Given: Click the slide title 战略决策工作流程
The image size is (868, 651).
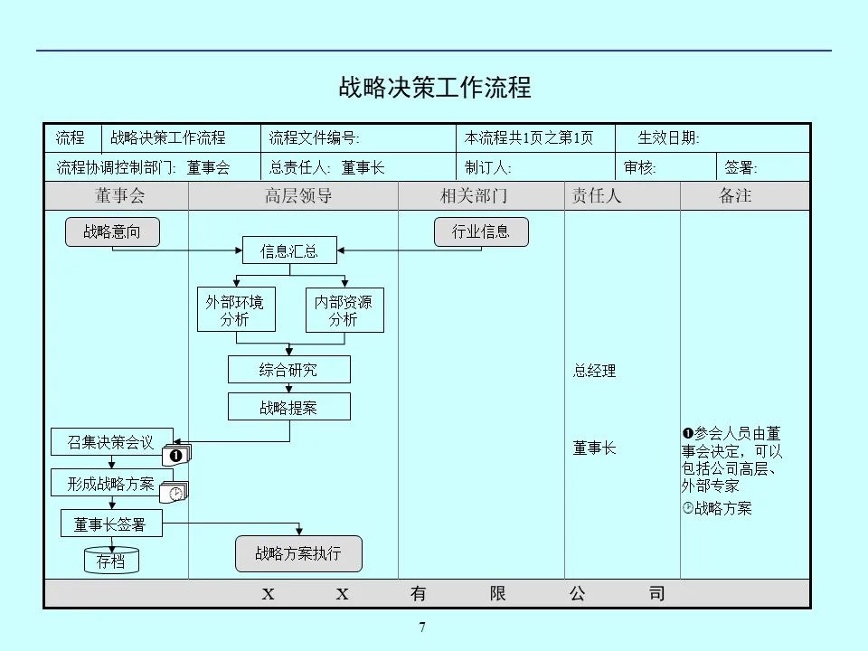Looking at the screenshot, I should [x=434, y=87].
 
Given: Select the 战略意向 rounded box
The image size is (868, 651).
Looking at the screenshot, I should [x=112, y=231].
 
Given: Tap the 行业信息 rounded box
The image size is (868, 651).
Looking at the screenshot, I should [x=481, y=231].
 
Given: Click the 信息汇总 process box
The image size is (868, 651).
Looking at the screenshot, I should [x=289, y=250].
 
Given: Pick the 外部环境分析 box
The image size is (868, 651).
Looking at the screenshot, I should [x=236, y=310].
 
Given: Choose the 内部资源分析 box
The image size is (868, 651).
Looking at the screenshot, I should [x=344, y=310].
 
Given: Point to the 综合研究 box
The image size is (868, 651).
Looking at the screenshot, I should [x=288, y=370].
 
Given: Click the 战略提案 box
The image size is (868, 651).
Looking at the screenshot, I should [x=288, y=407].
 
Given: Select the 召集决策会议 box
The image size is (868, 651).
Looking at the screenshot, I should [x=111, y=442].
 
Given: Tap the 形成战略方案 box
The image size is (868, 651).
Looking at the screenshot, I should [x=111, y=483].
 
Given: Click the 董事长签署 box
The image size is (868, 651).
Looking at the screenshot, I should [x=111, y=524].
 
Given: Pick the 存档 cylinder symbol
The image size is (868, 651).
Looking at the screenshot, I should [x=111, y=561].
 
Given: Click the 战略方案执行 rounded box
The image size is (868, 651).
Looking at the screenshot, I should [x=298, y=553].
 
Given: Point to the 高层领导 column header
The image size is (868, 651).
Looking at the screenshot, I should [x=298, y=195].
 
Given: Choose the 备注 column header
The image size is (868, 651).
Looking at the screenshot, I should [x=735, y=195].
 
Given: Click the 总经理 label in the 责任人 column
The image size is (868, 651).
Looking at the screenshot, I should [x=594, y=371].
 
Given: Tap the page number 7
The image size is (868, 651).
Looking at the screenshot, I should [x=422, y=628].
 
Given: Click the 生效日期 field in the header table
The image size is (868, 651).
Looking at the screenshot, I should [x=669, y=138].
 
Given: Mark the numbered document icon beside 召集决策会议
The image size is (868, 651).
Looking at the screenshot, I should [x=176, y=455].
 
